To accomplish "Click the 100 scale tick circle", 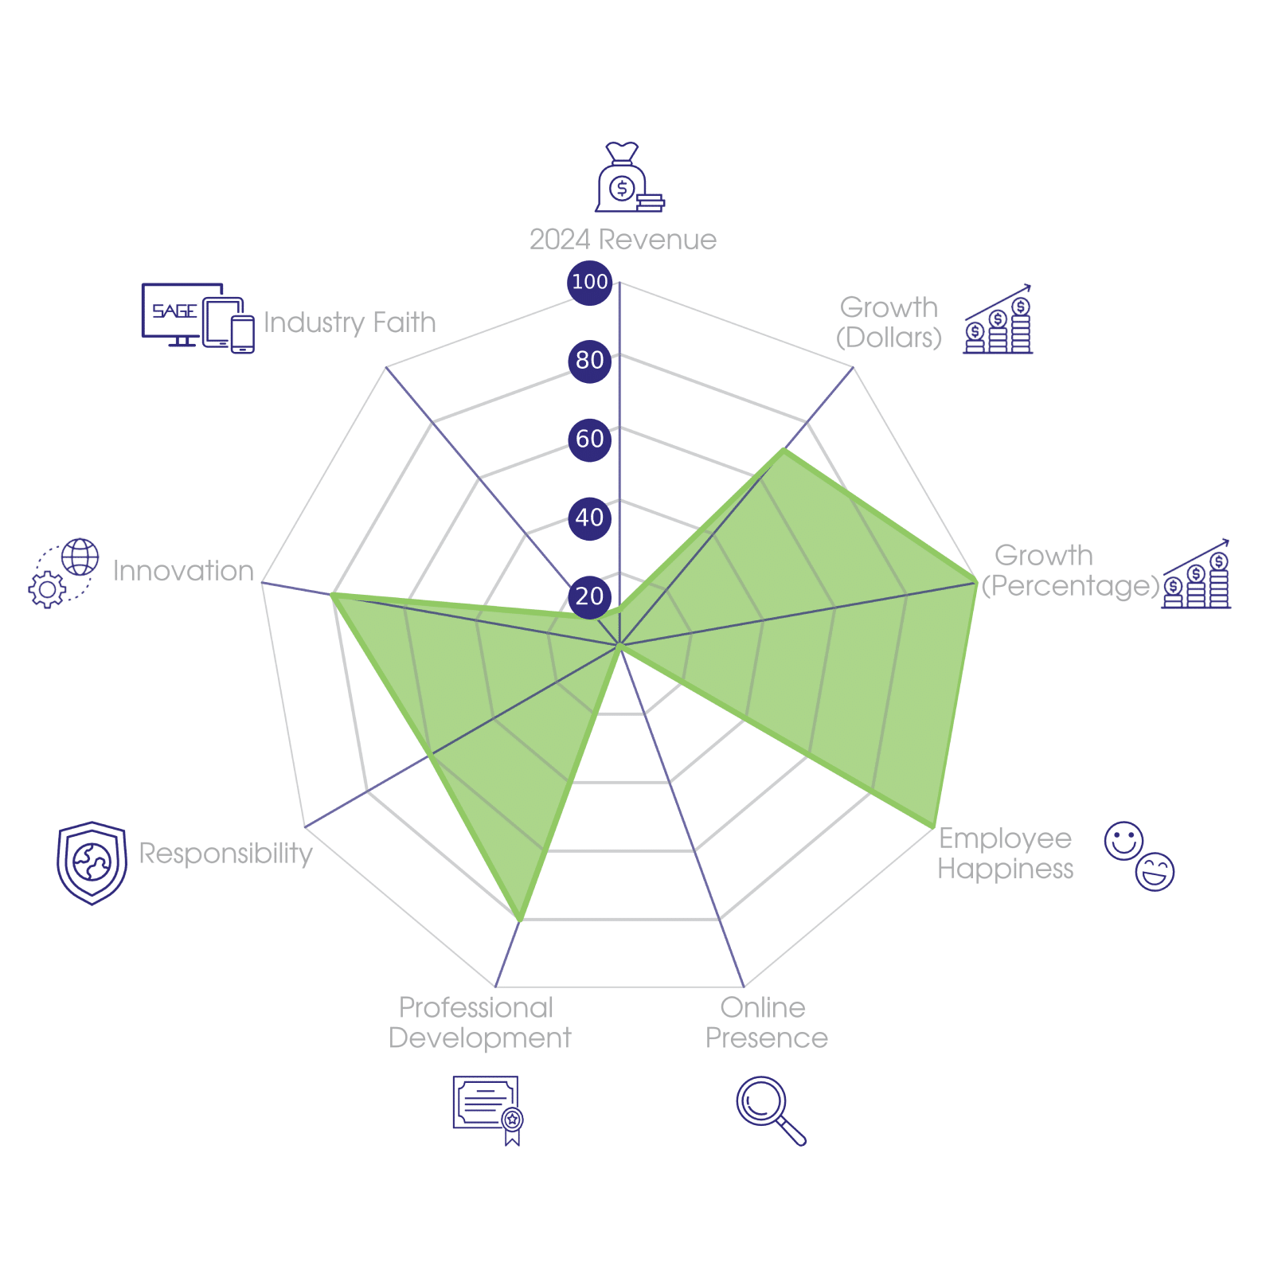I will coord(589,282).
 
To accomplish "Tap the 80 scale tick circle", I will coord(589,360).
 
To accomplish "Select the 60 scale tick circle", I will coord(589,439).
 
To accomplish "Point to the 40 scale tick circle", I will coord(589,518).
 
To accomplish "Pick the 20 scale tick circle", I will coord(589,596).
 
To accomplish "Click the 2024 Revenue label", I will coord(623,240).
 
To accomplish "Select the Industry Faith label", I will coord(350,322).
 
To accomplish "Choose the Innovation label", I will coord(183,571).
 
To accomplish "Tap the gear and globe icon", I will coord(64,573).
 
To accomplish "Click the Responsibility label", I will coord(226,854).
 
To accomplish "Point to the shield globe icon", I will coord(92,862).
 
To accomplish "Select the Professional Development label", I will coord(479,1023).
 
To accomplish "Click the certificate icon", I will coord(487,1110).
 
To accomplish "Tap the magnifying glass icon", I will coord(769,1110).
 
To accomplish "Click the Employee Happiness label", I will coord(1005,854).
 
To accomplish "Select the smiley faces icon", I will coord(1139,855).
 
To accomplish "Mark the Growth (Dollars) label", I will coord(889,322).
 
